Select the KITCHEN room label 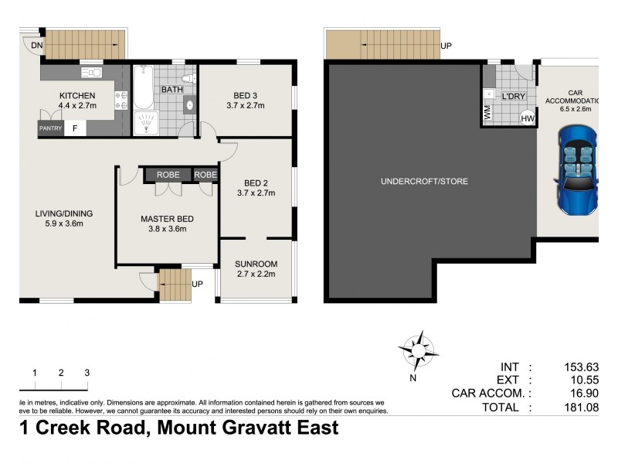pyautogui.click(x=77, y=96)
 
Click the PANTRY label pyautogui.click(x=50, y=129)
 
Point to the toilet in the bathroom pyautogui.click(x=186, y=78)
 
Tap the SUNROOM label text pyautogui.click(x=256, y=264)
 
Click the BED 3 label pyautogui.click(x=245, y=96)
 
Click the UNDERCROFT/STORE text pyautogui.click(x=424, y=182)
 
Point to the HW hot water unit pyautogui.click(x=528, y=118)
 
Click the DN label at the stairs pyautogui.click(x=37, y=46)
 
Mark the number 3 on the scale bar pyautogui.click(x=87, y=373)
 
